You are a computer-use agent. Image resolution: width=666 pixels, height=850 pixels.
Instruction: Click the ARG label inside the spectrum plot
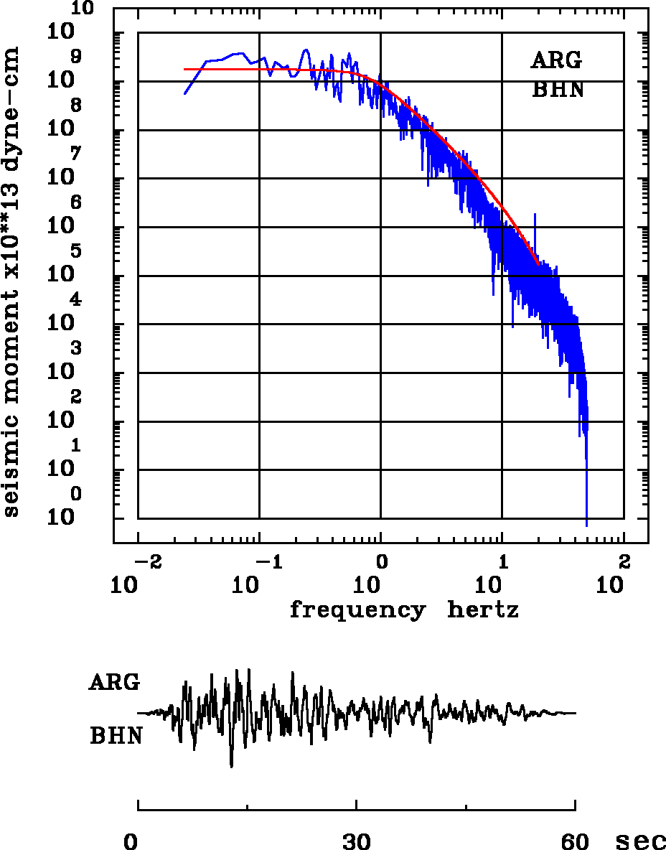pos(556,61)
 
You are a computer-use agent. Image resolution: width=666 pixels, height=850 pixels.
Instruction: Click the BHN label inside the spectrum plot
pos(558,90)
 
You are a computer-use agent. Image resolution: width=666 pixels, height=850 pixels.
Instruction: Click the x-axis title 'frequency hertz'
pos(405,611)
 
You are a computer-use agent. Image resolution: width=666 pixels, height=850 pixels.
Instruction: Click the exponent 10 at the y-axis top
pos(83,9)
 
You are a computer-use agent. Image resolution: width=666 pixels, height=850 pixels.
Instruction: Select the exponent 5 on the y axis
pos(75,251)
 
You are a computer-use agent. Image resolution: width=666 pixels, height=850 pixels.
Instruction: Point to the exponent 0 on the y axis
pos(75,494)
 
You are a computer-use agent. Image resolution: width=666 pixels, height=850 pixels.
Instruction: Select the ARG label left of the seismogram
pos(114,683)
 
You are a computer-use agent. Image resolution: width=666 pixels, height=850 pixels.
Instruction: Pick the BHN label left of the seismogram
pos(116,736)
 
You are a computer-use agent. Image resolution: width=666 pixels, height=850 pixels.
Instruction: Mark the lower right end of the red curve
pos(538,264)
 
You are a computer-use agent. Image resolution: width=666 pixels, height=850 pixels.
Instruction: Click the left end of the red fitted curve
pos(185,70)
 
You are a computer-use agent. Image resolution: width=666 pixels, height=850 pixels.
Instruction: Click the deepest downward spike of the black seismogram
pos(231,767)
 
